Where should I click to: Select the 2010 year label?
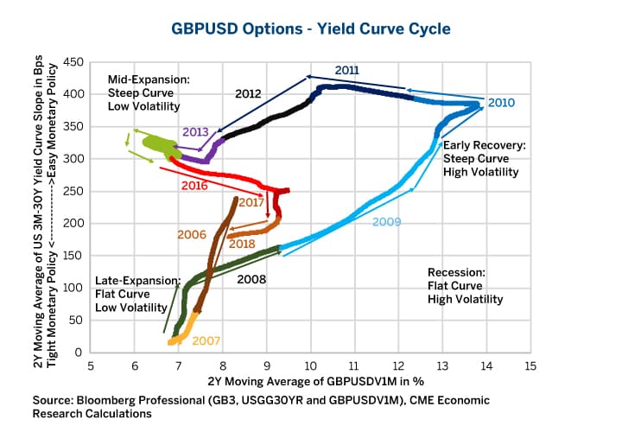[x=501, y=103]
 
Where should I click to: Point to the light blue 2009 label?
[x=387, y=222]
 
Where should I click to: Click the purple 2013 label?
[x=196, y=132]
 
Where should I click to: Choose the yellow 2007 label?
[x=206, y=340]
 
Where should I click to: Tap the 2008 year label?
[x=251, y=279]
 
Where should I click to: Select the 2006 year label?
[x=191, y=234]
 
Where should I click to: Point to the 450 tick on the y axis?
[x=74, y=62]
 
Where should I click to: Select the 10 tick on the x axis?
[x=310, y=365]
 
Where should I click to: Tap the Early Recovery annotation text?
[x=479, y=146]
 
